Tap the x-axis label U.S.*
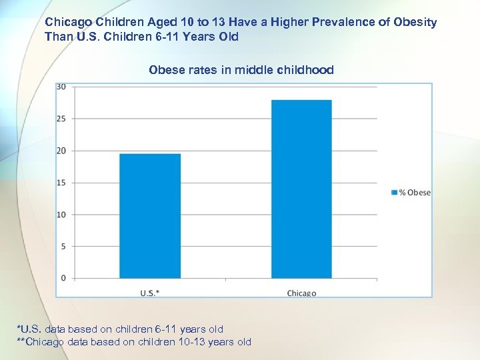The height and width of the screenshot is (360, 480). [x=150, y=293]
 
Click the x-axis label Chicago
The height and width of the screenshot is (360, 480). [x=301, y=293]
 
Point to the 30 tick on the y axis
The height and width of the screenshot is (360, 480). [x=61, y=87]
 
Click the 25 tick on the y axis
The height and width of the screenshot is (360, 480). [x=61, y=119]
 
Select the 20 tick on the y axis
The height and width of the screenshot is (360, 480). [x=61, y=151]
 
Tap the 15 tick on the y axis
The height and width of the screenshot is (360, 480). [x=61, y=183]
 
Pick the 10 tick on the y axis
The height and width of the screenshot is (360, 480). [x=61, y=215]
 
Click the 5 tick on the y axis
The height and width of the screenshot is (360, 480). [x=63, y=246]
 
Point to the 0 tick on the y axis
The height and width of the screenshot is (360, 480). [x=63, y=278]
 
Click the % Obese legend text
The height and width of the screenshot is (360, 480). [x=414, y=193]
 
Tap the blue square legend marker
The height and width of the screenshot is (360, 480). [x=393, y=193]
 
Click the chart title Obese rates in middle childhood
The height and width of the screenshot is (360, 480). [x=241, y=70]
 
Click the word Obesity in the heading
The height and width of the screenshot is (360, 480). [x=413, y=22]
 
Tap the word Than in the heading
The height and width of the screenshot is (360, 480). [x=57, y=37]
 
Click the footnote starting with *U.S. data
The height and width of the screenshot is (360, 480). [x=120, y=329]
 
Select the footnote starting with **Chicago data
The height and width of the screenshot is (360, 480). [x=133, y=342]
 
